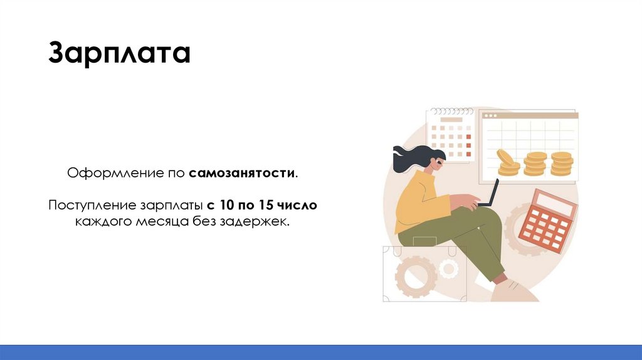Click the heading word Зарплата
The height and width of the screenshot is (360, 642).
[x=119, y=54]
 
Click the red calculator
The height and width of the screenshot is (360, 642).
[x=547, y=221]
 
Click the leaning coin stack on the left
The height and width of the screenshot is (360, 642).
[x=507, y=162]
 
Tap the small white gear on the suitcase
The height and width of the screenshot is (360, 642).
[x=448, y=269]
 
